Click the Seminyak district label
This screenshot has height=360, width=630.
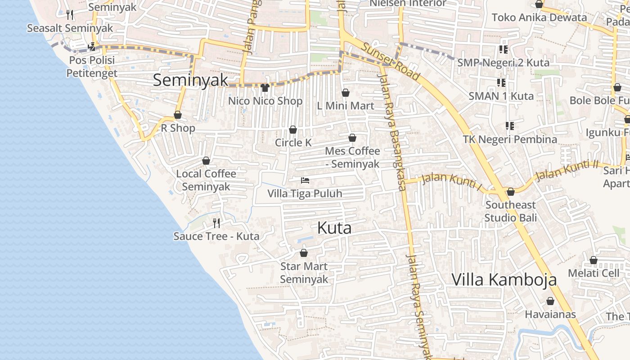click(191, 80)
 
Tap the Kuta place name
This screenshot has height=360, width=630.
click(334, 228)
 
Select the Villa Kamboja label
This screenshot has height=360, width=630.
click(504, 279)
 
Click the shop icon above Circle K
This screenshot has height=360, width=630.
click(293, 130)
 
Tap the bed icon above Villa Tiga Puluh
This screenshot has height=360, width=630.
click(305, 180)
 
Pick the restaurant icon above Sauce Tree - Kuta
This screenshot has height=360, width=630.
click(216, 223)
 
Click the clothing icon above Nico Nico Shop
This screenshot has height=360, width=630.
click(265, 87)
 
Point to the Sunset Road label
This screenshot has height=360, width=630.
click(391, 62)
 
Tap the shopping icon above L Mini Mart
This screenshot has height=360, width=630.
click(346, 93)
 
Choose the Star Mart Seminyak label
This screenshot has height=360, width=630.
click(304, 273)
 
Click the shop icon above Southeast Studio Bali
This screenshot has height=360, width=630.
click(511, 192)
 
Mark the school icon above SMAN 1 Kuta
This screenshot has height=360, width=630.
click(501, 82)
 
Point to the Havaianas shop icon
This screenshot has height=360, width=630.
click(550, 301)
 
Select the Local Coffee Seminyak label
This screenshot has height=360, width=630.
click(206, 180)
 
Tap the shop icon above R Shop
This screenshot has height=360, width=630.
click(178, 115)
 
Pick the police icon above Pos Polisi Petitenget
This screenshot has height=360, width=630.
click(92, 46)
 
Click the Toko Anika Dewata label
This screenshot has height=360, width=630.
click(539, 18)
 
